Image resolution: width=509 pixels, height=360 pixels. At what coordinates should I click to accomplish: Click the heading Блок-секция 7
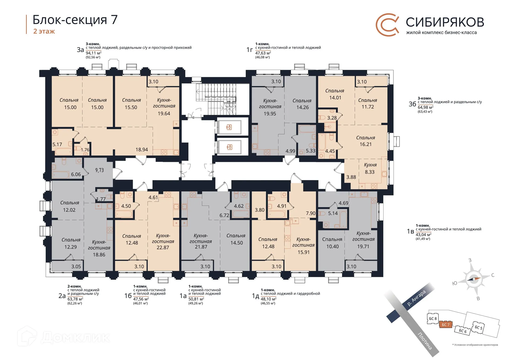click(x=75, y=20)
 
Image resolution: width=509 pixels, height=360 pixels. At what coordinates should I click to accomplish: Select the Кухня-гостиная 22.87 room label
click(x=163, y=241)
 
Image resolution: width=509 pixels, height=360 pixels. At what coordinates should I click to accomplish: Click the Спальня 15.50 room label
click(x=131, y=104)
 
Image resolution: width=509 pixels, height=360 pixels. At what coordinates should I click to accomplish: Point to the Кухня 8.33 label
click(x=370, y=168)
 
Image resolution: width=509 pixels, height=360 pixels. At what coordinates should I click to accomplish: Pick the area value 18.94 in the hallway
click(x=142, y=150)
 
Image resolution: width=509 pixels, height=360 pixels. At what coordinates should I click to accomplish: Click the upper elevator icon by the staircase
click(x=229, y=127)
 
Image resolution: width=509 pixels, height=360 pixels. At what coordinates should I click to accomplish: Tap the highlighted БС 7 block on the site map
click(x=445, y=325)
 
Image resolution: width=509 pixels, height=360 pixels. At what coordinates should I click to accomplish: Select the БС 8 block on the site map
click(x=433, y=319)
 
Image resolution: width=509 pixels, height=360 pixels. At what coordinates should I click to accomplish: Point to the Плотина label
click(x=425, y=341)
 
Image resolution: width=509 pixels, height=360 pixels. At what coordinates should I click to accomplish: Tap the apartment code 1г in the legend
click(x=249, y=50)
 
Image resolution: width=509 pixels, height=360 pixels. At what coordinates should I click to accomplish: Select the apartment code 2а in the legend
click(x=62, y=296)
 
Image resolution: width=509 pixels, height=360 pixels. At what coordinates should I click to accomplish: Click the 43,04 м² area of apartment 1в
click(x=423, y=235)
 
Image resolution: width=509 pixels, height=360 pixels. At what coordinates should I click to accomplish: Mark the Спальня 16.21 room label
click(x=365, y=141)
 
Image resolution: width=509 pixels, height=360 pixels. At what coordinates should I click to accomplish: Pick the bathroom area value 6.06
click(x=76, y=174)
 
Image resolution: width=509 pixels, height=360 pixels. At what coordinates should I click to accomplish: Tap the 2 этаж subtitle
click(x=44, y=31)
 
